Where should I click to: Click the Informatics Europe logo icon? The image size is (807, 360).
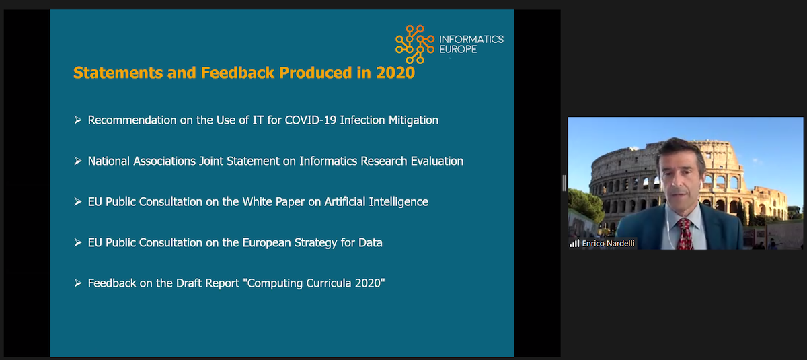point(414,40)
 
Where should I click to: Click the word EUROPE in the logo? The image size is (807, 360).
point(457,49)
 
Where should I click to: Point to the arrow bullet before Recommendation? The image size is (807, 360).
point(78,120)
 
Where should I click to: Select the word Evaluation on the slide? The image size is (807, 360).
point(435,161)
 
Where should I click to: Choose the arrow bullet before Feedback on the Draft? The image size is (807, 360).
point(78,283)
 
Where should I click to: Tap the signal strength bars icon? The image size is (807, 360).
point(574,243)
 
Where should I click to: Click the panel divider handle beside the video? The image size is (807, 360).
point(564,182)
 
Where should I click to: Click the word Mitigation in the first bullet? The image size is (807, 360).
point(414,120)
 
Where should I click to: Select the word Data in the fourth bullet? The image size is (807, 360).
point(370,242)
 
